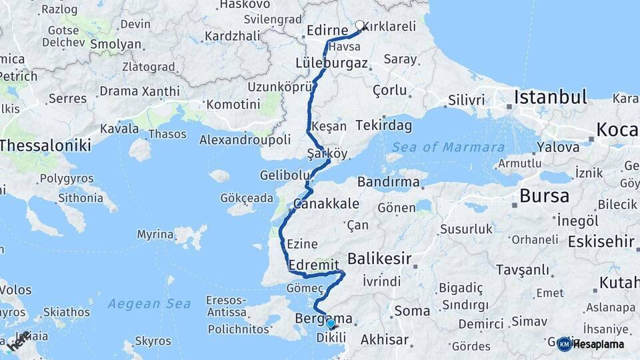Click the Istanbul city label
tap(550, 97)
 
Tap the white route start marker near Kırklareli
tap(360, 25)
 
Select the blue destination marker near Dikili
tap(331, 324)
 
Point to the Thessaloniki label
tap(45, 145)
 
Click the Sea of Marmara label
tap(448, 147)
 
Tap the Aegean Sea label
tap(149, 303)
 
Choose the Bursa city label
tap(544, 197)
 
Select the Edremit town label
tap(315, 265)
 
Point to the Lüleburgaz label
tap(331, 63)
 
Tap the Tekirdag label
tap(384, 125)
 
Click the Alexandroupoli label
tap(245, 139)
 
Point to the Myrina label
tap(155, 234)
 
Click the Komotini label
tap(233, 104)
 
